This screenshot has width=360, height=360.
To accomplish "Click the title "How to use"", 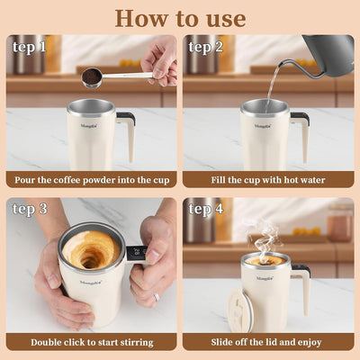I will (x=180, y=17).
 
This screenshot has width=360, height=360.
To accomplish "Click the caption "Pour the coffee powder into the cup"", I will (x=91, y=179).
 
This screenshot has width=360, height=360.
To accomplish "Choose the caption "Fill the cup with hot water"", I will (x=267, y=179).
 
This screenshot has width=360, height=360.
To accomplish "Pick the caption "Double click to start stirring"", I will (x=91, y=342).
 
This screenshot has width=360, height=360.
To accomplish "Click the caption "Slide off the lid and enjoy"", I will (x=267, y=342).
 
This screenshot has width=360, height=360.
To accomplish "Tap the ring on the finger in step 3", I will (x=156, y=295).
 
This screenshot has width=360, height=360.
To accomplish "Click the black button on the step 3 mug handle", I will (x=135, y=253).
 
